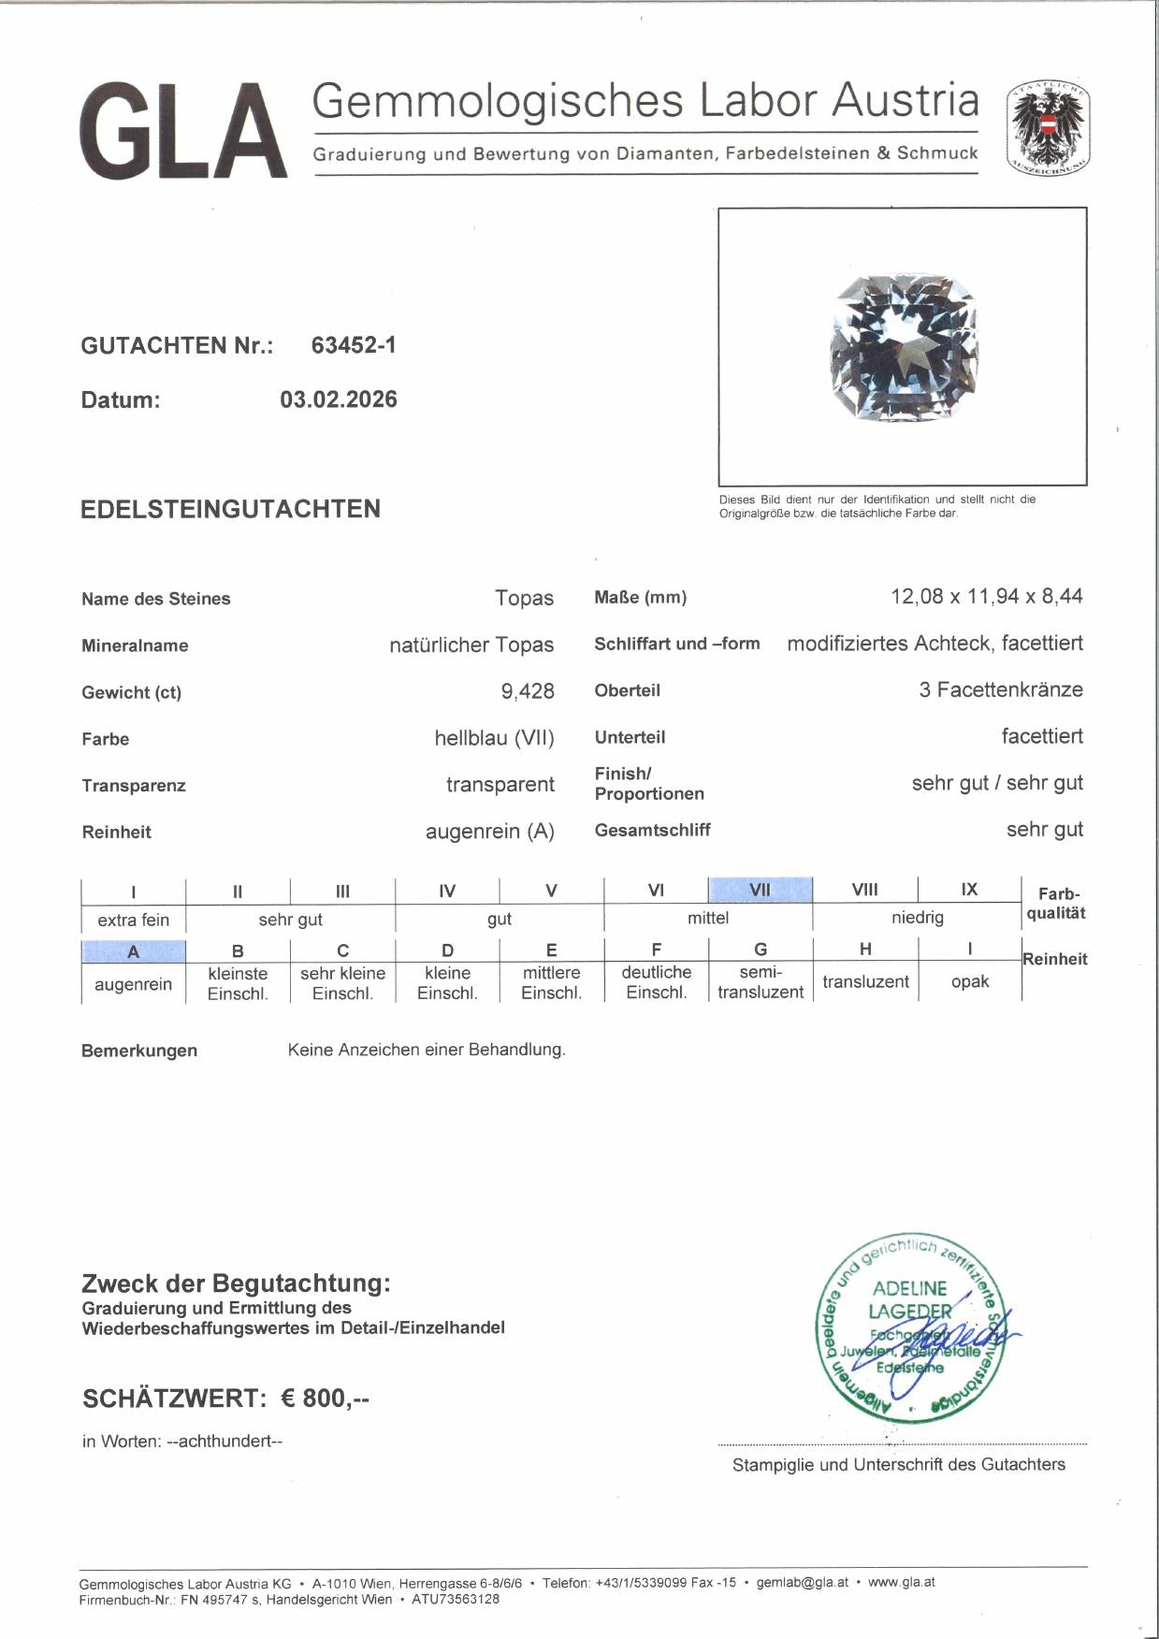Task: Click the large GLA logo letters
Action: pyautogui.click(x=183, y=132)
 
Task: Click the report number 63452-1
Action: pyautogui.click(x=354, y=345)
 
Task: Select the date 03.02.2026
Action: pyautogui.click(x=339, y=399)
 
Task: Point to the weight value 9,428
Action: pyautogui.click(x=528, y=691)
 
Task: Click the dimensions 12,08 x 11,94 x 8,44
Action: pyautogui.click(x=987, y=596)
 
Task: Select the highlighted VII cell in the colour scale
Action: pyautogui.click(x=761, y=890)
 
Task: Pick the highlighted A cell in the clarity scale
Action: pyautogui.click(x=134, y=951)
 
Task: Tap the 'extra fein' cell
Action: pyautogui.click(x=134, y=920)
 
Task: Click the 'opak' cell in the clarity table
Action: pyautogui.click(x=970, y=981)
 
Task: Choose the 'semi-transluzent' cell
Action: pyautogui.click(x=761, y=982)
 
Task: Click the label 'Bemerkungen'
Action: pyautogui.click(x=139, y=1051)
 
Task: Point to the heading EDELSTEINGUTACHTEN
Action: pyautogui.click(x=230, y=509)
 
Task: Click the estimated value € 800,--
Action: pyautogui.click(x=326, y=1399)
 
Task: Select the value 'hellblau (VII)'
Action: pyautogui.click(x=494, y=738)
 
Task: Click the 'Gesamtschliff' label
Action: pyautogui.click(x=652, y=830)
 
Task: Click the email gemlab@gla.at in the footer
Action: pyautogui.click(x=802, y=1582)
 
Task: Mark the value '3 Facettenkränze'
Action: pyautogui.click(x=1001, y=689)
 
